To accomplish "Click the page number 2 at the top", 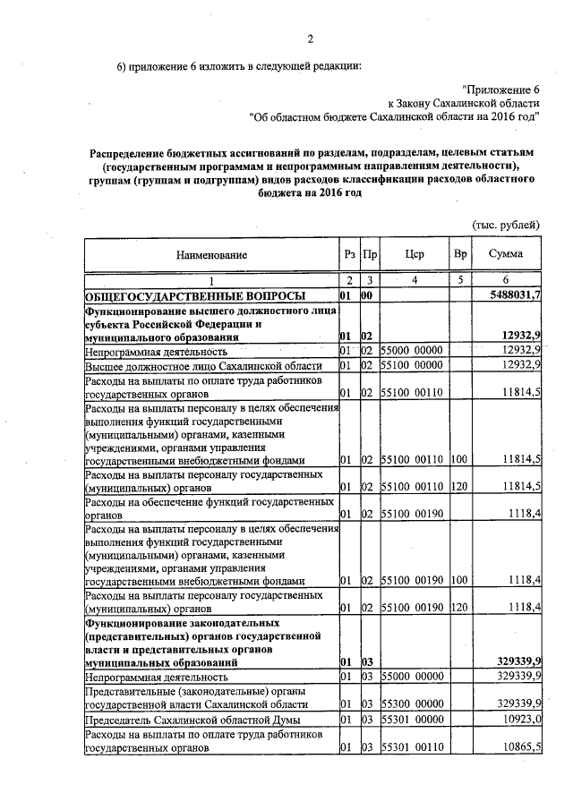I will (311, 38).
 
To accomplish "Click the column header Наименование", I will (211, 255).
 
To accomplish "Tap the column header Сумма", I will (506, 254).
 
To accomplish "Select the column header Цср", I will (414, 254).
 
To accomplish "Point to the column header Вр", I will (461, 254).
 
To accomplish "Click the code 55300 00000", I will (412, 704).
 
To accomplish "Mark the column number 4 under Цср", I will (414, 281).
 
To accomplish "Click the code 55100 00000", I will (412, 367).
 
